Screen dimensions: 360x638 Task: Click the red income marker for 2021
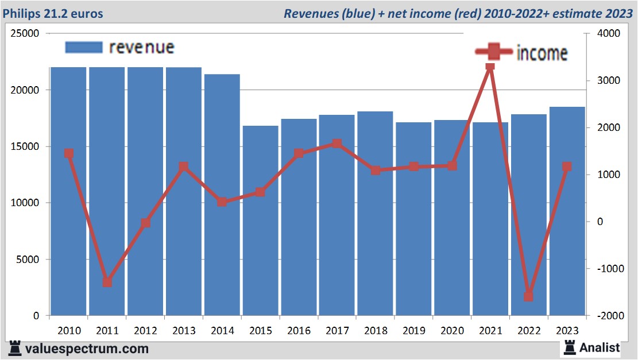490,67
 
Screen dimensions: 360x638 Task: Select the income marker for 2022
528,296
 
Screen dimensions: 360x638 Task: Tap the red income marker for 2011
107,282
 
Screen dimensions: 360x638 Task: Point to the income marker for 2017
337,144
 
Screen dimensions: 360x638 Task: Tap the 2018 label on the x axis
375,331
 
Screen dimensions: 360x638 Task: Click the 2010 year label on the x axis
68,331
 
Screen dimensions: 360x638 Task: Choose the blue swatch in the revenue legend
83,47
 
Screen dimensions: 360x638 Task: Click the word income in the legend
542,53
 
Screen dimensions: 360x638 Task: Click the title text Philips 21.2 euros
52,13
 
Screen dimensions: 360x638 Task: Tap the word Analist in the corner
600,347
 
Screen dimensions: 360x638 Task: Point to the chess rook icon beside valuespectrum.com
16,347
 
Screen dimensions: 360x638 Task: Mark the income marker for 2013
184,167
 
